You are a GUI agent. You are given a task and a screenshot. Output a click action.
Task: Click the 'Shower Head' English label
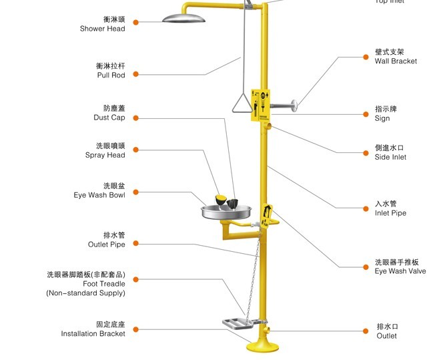click(x=102, y=29)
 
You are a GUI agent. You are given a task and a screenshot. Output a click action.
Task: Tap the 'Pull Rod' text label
click(x=111, y=75)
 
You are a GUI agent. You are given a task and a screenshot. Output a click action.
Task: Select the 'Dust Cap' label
click(x=109, y=118)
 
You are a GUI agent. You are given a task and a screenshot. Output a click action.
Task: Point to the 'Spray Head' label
click(x=105, y=155)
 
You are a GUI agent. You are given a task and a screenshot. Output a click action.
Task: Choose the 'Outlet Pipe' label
click(x=106, y=244)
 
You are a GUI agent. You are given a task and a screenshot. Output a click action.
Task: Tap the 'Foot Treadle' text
click(x=103, y=284)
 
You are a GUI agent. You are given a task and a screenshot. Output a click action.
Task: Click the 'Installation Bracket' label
click(x=93, y=333)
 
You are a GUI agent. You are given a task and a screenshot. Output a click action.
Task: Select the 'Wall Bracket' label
click(x=396, y=61)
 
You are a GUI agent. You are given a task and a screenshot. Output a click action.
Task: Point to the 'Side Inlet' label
click(x=390, y=157)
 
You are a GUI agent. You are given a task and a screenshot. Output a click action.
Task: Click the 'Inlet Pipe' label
click(x=390, y=213)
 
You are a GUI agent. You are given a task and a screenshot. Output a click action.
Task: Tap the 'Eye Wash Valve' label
click(x=400, y=271)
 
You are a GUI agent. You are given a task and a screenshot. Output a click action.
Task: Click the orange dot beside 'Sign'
click(x=366, y=114)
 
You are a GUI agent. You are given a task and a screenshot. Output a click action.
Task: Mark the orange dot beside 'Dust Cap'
click(x=135, y=118)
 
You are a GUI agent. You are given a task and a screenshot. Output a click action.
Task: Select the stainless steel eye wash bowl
click(x=227, y=212)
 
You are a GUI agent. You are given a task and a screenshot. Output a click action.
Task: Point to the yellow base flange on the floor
click(x=263, y=348)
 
